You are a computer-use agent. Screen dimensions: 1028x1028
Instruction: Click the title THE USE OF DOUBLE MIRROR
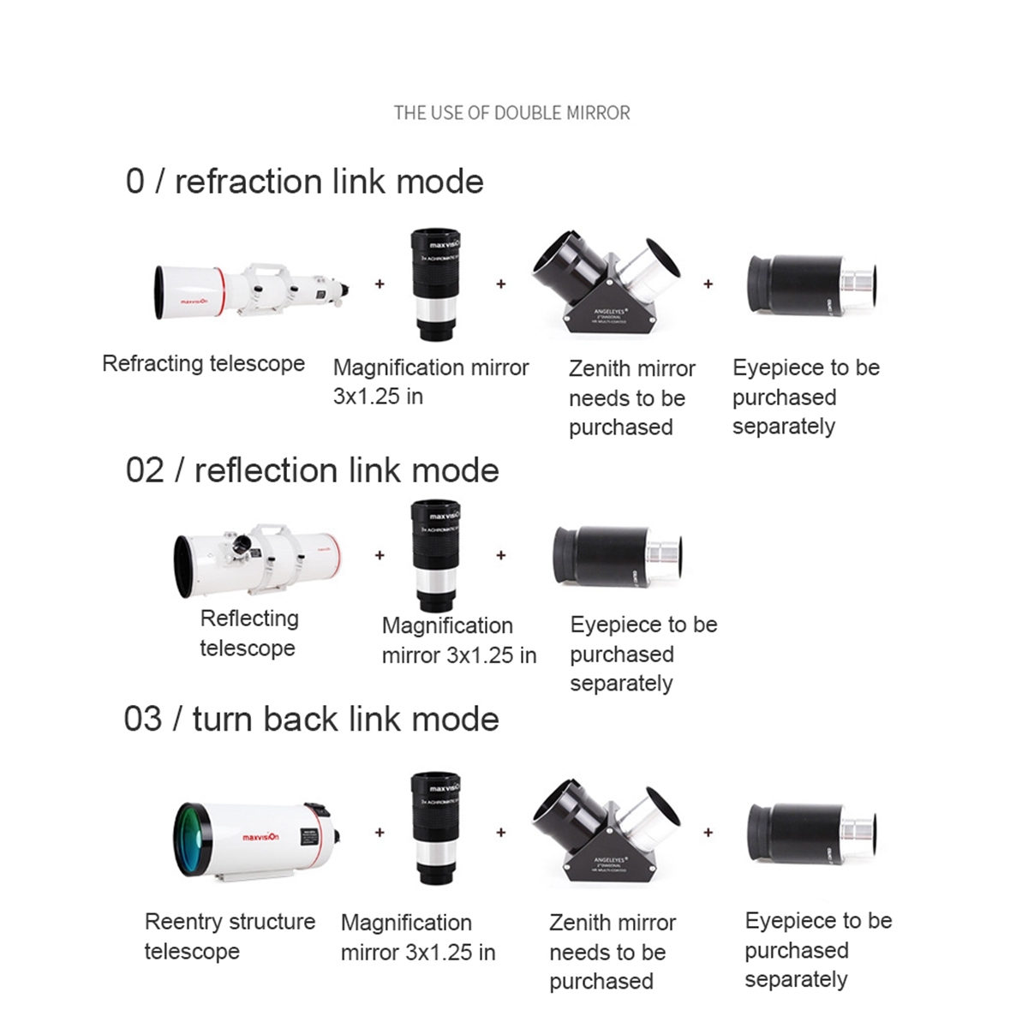coord(511,113)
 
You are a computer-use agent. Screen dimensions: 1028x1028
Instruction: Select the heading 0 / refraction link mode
coord(304,182)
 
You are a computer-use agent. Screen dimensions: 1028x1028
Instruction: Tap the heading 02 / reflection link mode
coord(312,470)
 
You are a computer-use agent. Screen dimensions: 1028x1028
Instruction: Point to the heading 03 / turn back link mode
coord(311,719)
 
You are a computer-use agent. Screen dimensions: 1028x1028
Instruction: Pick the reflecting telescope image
coord(257,561)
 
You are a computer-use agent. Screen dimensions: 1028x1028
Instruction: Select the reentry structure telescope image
coord(257,840)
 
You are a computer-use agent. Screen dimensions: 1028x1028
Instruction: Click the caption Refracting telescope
coord(203,363)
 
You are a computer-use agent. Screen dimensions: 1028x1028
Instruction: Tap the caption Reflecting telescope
coord(248,633)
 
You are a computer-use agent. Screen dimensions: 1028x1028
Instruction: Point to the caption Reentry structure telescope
coord(230,936)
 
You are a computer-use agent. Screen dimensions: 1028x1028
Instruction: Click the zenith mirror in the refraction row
coord(609,284)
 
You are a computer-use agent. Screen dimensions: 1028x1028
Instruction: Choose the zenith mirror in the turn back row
coord(609,831)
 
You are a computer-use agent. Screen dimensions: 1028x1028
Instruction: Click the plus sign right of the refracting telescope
coord(380,284)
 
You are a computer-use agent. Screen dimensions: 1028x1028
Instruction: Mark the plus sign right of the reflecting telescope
coord(380,555)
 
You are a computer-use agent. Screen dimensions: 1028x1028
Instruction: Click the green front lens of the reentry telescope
coord(193,840)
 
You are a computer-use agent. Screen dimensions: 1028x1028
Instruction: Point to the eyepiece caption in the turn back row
coord(818,950)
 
